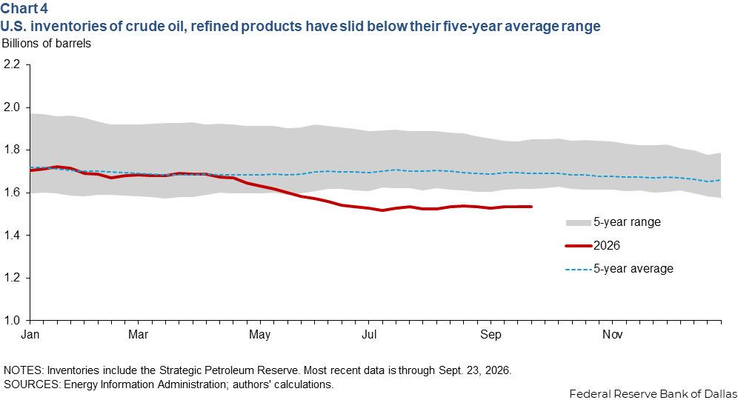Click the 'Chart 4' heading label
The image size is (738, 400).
[24, 8]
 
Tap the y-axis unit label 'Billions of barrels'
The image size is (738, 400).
[46, 43]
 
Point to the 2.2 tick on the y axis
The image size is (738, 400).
[12, 64]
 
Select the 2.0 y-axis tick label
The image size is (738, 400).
[12, 107]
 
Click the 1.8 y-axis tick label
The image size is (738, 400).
[12, 150]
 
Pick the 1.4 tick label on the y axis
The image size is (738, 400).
[12, 236]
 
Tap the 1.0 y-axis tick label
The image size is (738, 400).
[12, 321]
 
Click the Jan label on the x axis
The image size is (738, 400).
[30, 335]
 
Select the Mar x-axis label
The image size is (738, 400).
[139, 335]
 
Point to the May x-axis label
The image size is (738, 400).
[260, 335]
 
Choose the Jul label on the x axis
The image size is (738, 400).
[369, 335]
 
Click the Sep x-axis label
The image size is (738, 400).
[491, 335]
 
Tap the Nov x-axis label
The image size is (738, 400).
[613, 335]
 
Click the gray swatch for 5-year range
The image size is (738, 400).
[578, 222]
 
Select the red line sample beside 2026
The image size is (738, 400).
[579, 246]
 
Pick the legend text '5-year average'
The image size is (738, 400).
[633, 269]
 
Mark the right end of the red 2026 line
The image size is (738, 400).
[531, 207]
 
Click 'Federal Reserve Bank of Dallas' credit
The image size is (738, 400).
[654, 394]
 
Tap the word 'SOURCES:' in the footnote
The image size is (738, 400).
[32, 384]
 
